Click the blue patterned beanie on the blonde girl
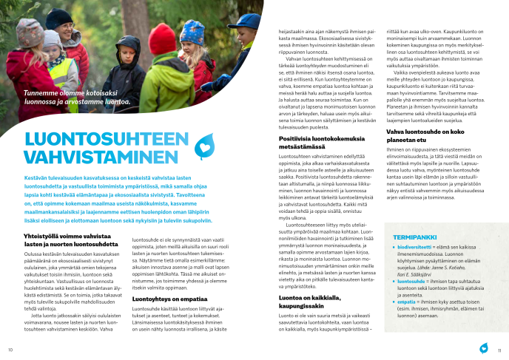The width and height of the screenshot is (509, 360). pyautogui.click(x=193, y=33)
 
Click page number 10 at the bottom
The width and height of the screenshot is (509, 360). pyautogui.click(x=10, y=350)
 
